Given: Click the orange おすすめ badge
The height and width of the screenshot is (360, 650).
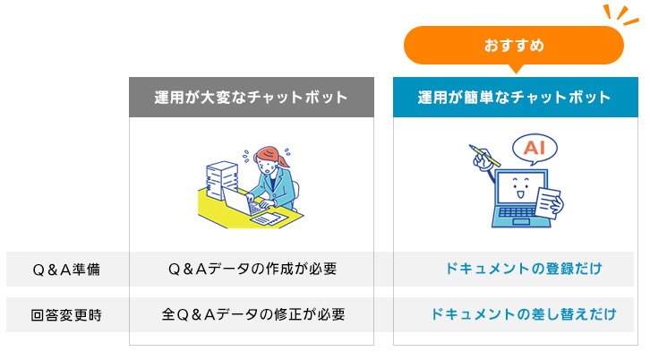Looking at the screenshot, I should [x=513, y=45].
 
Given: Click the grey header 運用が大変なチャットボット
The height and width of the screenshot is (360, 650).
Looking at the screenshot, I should [x=250, y=97].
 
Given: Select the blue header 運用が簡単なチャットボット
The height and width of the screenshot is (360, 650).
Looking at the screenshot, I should [x=514, y=97].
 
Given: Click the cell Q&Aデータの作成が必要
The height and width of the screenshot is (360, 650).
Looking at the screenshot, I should [x=250, y=269].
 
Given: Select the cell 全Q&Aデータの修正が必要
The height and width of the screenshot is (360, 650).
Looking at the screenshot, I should [x=250, y=314].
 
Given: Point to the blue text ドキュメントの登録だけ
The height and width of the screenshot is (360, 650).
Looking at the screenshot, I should [x=523, y=269].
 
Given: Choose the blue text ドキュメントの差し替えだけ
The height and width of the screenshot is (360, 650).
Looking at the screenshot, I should [x=523, y=314].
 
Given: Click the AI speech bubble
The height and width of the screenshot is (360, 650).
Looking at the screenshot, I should [x=534, y=147].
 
